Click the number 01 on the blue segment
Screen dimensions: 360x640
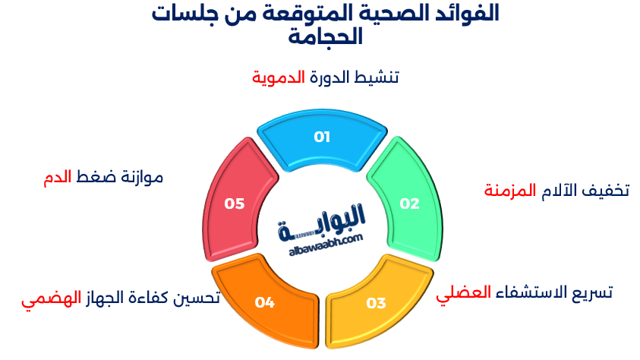click(x=322, y=137)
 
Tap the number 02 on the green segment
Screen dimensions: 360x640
click(x=409, y=204)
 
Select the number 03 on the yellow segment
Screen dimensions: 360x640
click(x=376, y=303)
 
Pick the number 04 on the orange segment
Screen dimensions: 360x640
click(x=264, y=303)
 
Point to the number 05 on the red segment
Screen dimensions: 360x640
click(x=234, y=204)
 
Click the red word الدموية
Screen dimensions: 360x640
click(x=279, y=77)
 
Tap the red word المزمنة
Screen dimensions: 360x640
click(x=510, y=190)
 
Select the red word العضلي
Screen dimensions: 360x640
click(x=463, y=293)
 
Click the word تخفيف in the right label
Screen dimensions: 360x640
click(x=607, y=190)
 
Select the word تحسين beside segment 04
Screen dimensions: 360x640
click(x=197, y=298)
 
